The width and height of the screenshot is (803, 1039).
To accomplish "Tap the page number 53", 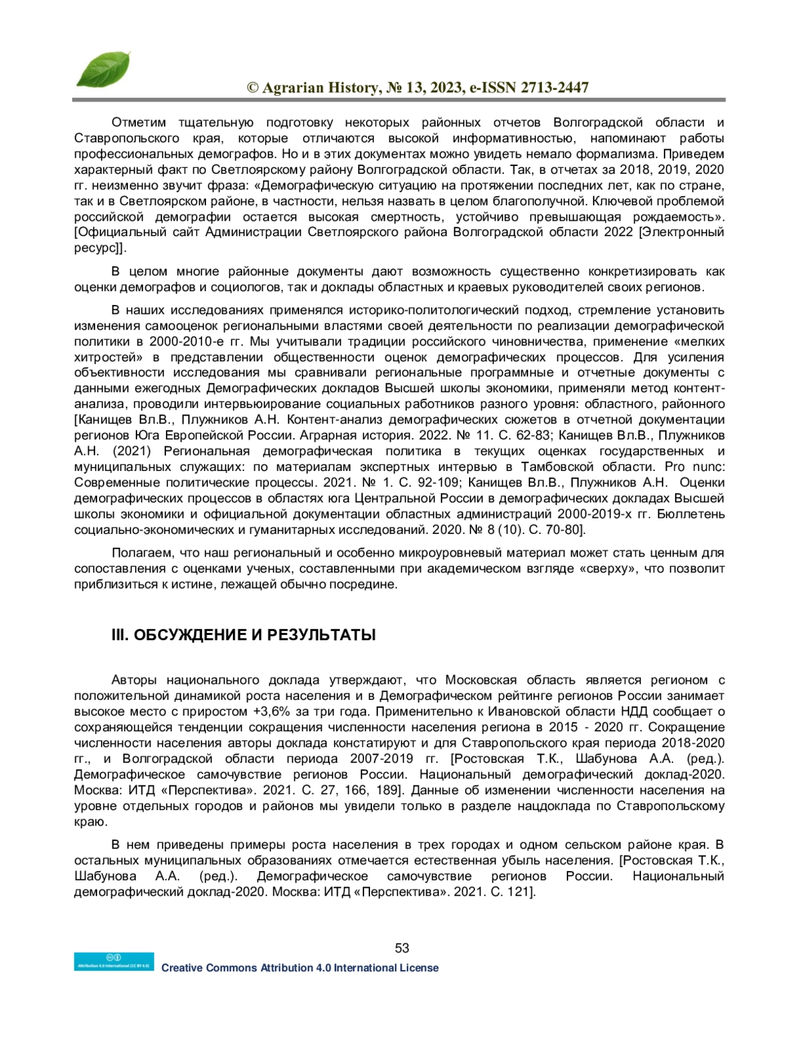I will tap(401, 947).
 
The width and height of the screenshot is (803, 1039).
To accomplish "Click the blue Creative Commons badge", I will tap(114, 961).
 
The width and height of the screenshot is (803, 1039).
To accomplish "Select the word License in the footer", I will tap(419, 967).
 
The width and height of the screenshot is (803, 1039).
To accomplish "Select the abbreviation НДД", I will tap(634, 711).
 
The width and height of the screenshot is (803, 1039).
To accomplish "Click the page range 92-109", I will tap(434, 482).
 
